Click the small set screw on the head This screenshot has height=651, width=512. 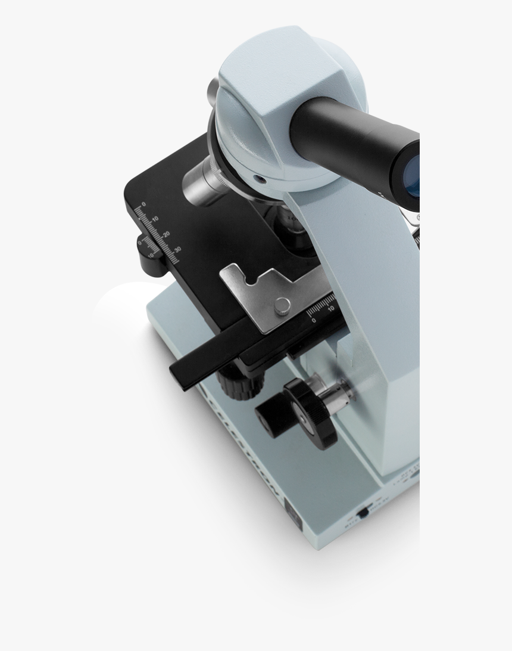pyautogui.click(x=260, y=178)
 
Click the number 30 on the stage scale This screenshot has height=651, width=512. pyautogui.click(x=177, y=249)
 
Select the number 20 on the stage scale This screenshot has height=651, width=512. pyautogui.click(x=166, y=234)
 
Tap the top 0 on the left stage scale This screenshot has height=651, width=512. pyautogui.click(x=143, y=204)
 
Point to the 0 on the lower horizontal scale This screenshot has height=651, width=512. pyautogui.click(x=314, y=320)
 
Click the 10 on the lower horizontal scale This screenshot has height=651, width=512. pyautogui.click(x=331, y=310)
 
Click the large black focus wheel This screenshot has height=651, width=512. pyautogui.click(x=310, y=411)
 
